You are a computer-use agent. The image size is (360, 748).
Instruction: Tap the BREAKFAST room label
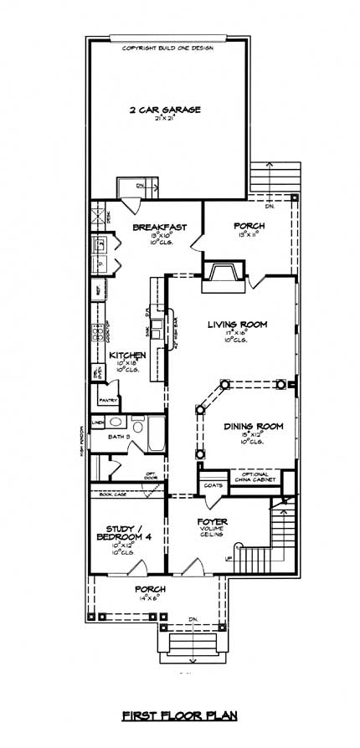[x=159, y=228]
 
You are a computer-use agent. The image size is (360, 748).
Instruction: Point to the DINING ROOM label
[x=254, y=426]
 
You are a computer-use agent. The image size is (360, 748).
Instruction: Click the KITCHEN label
[x=127, y=356]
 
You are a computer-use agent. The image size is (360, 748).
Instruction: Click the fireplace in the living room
[x=224, y=276]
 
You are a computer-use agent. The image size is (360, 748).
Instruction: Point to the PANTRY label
[x=108, y=400]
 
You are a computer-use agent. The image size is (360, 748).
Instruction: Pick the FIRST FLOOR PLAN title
[x=179, y=715]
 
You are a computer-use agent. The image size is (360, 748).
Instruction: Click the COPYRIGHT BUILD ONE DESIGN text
[x=167, y=48]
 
